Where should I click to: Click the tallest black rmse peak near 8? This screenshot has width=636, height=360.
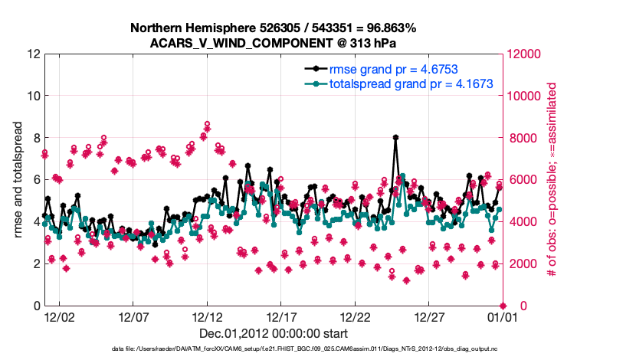(x=395, y=138)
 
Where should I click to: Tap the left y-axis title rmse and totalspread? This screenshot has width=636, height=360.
(x=17, y=180)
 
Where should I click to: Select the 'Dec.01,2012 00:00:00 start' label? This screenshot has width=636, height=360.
(x=274, y=333)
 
